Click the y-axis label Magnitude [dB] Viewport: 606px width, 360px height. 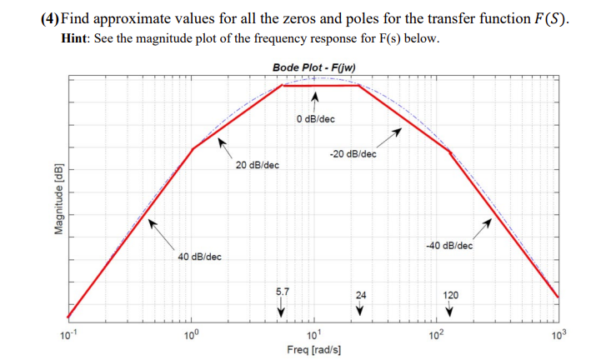coord(58,202)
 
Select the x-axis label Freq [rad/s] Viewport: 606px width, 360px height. coord(313,350)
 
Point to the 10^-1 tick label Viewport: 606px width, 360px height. coord(66,336)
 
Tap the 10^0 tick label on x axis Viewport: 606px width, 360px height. coord(191,336)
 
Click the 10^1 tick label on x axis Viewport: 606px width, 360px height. coord(313,336)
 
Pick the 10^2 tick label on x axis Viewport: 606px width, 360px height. coord(436,336)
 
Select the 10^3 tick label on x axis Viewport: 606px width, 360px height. coord(558,336)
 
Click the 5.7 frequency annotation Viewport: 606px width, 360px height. coord(283,292)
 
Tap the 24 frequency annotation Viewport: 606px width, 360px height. coord(360,294)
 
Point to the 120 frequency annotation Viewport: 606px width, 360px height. coord(449,294)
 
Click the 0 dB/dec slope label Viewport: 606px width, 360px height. coord(315,119)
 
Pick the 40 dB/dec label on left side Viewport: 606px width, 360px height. coord(199,257)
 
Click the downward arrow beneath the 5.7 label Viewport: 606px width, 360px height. coord(282,310)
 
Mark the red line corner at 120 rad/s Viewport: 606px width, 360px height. coord(451,152)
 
